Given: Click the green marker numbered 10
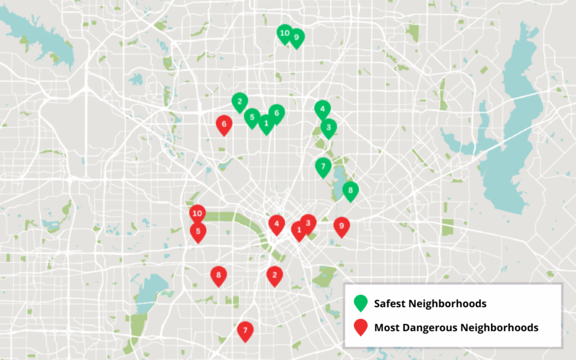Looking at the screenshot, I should click(285, 33).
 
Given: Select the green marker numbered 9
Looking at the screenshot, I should click(296, 37).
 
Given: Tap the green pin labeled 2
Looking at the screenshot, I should click(240, 102).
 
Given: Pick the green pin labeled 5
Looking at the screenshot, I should click(253, 117).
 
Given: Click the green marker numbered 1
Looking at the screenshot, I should click(266, 123).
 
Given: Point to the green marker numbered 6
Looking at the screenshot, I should click(276, 113).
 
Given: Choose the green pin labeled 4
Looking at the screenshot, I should click(322, 109).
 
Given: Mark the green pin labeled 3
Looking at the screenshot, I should click(328, 128).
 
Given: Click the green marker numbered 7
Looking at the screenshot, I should click(322, 166).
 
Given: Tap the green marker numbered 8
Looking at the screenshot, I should click(350, 191).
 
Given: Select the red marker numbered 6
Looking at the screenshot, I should click(224, 124).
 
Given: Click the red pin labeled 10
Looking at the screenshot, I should click(197, 213).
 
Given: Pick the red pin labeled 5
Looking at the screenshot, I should click(198, 231).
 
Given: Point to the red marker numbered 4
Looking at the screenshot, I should click(276, 224).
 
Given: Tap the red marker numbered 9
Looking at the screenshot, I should click(341, 226).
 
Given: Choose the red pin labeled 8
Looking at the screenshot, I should click(218, 275).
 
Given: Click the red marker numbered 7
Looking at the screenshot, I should click(245, 330).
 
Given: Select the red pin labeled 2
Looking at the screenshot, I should click(274, 275).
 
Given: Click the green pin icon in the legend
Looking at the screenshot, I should click(360, 303).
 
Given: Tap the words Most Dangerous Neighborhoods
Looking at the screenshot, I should click(456, 327).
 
